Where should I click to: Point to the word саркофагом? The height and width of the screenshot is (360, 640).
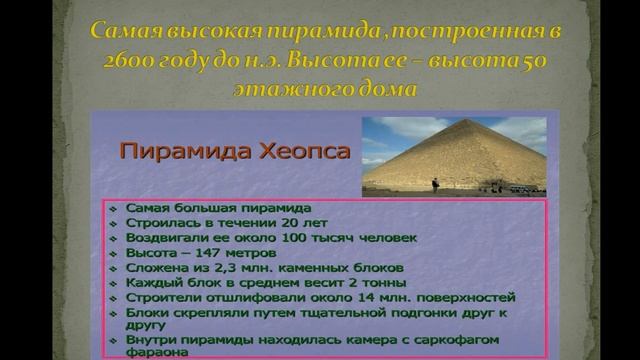(458, 339)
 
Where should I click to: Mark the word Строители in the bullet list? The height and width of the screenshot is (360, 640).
(158, 297)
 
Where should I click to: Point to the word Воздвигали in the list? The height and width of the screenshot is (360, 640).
(162, 239)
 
